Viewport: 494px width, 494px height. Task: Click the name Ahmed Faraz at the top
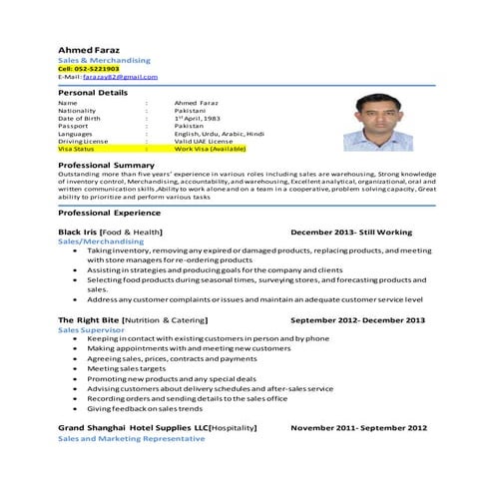tap(87, 48)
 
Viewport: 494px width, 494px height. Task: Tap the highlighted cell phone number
tap(89, 68)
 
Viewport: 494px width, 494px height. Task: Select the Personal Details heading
tap(93, 92)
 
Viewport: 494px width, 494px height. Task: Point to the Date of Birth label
tap(79, 119)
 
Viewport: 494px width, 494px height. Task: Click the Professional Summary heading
tap(106, 165)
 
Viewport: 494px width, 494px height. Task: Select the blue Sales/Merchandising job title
tap(101, 241)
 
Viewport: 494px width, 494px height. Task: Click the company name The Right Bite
tap(90, 319)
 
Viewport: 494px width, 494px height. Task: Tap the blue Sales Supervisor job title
tap(91, 328)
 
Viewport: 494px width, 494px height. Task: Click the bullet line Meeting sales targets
tap(130, 368)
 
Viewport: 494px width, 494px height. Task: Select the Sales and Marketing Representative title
tap(125, 438)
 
